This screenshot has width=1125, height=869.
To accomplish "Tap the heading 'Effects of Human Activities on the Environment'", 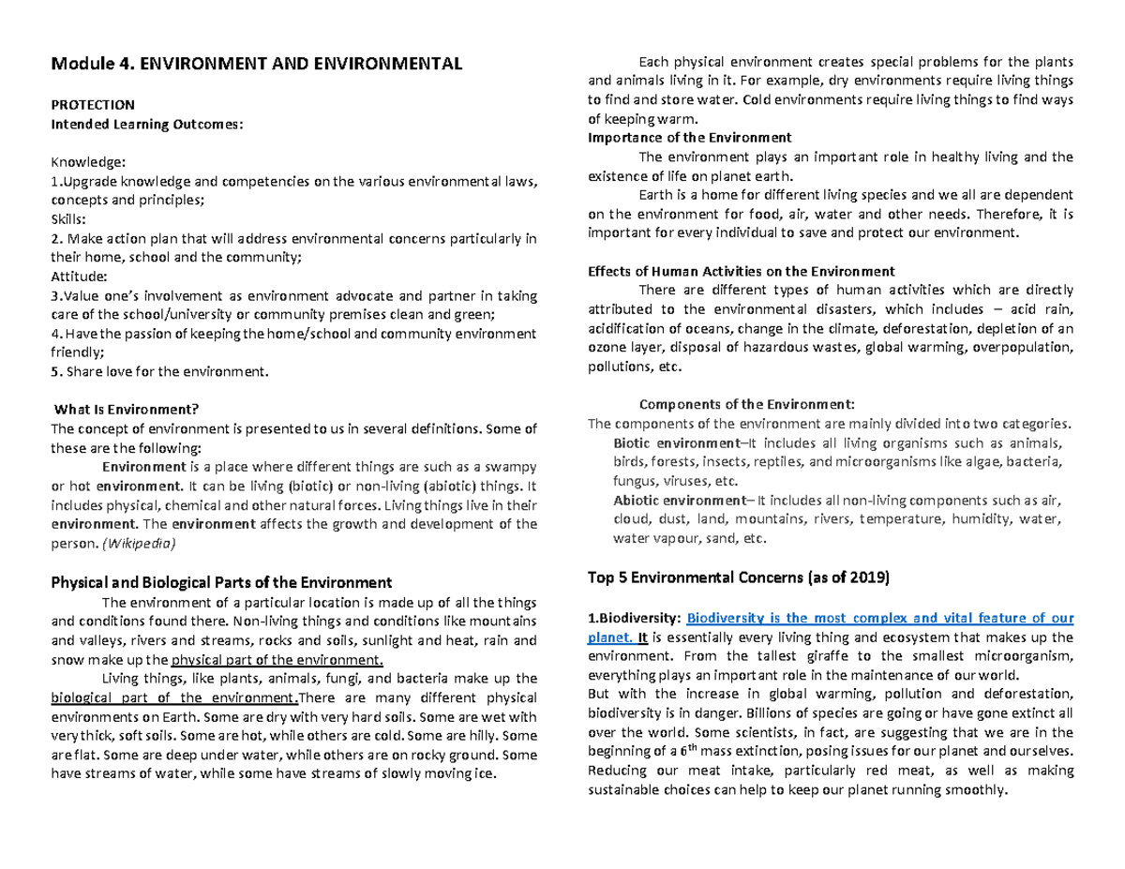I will point(741,272).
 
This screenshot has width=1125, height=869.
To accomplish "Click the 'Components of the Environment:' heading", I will point(746,405).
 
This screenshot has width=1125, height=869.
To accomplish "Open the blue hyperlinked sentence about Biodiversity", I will point(879,618).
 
